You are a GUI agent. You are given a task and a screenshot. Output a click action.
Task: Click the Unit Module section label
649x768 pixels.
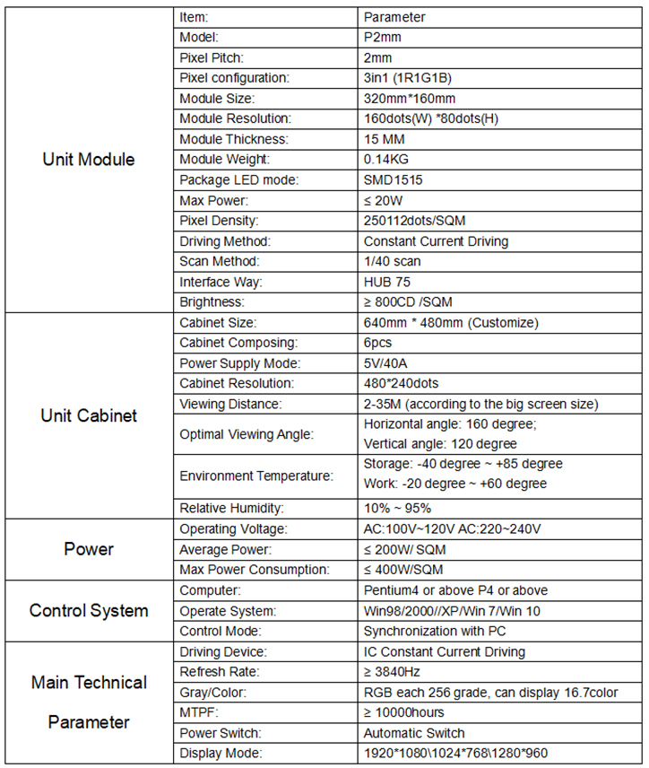coord(89,160)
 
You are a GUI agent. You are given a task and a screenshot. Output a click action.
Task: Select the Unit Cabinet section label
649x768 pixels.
coord(89,415)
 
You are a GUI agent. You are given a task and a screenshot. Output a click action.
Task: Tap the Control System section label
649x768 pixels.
coord(89,611)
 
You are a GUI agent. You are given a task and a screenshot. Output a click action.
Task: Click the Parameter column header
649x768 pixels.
coord(394,17)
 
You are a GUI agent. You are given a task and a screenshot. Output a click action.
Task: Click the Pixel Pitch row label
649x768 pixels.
coord(210,57)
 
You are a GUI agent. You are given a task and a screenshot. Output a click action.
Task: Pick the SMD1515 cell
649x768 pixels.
coord(394,179)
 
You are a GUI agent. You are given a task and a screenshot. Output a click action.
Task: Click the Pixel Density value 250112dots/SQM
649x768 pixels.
coord(414,220)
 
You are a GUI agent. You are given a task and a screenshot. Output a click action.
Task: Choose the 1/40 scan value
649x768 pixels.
coord(393,261)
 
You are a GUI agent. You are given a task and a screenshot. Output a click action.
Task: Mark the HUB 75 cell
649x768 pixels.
coord(387,282)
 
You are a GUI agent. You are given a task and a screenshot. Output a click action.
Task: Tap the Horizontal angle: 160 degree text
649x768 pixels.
coord(448,423)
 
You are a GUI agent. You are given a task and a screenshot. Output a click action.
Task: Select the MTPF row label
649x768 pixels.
coord(199,712)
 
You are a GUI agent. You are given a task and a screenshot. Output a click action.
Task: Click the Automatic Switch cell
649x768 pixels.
coord(414,733)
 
